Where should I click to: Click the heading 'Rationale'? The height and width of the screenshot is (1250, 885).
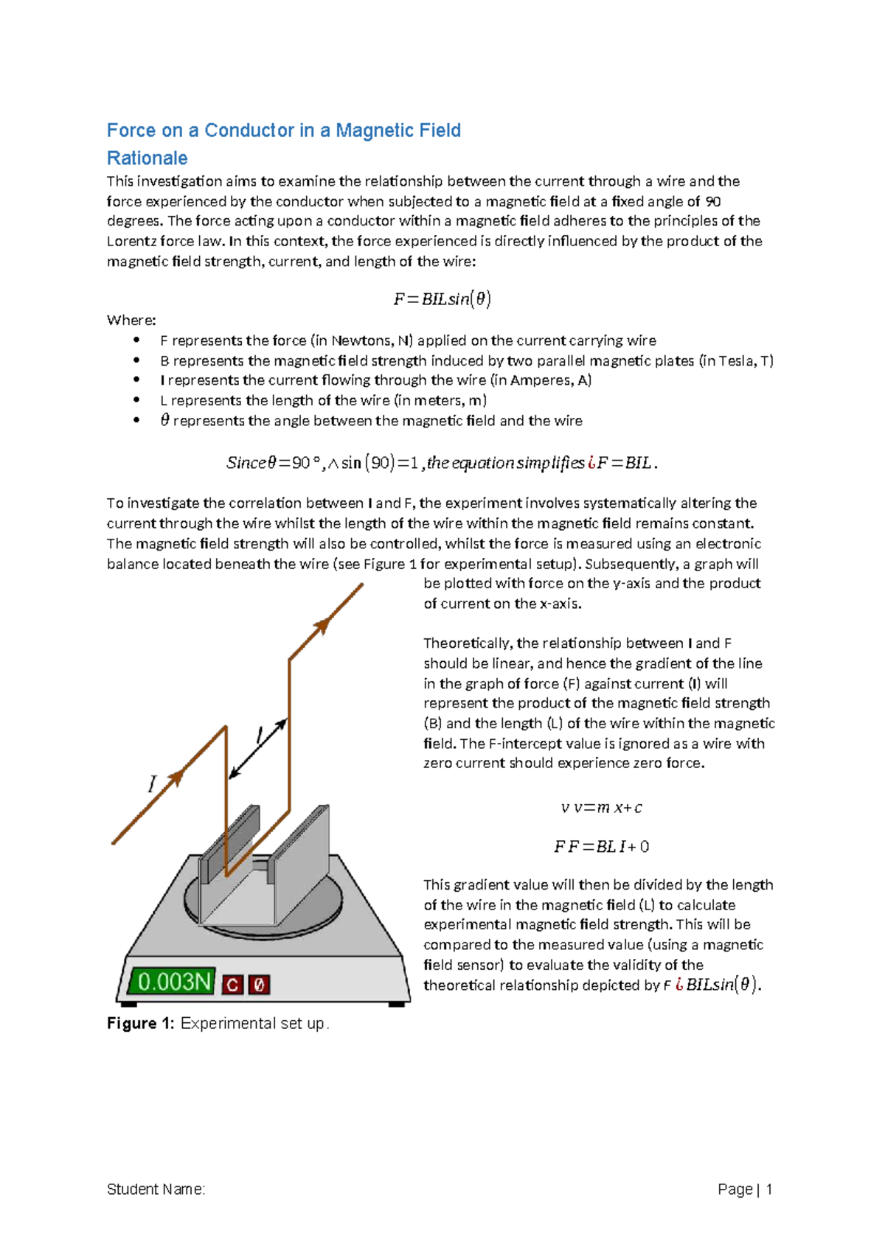click(147, 158)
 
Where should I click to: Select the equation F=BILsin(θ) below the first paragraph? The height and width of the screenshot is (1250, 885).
click(442, 298)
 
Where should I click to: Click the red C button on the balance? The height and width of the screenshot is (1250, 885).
click(232, 984)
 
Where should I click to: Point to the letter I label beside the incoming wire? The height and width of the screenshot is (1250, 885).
click(152, 783)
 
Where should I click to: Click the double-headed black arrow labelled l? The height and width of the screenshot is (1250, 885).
click(257, 749)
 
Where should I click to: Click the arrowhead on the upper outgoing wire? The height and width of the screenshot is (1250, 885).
click(322, 626)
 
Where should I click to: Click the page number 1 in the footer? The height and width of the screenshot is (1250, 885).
click(768, 1189)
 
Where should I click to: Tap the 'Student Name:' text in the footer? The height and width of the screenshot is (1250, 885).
click(156, 1189)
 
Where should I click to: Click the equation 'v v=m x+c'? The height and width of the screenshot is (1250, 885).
click(601, 808)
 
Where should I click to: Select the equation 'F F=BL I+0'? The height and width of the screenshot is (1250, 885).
click(601, 847)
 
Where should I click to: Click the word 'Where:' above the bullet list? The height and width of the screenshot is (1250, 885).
click(131, 320)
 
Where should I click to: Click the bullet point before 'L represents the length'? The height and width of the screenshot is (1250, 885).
click(136, 400)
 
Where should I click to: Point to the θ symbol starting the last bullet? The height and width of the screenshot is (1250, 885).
click(164, 420)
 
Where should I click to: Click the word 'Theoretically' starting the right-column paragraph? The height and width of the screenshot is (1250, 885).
click(468, 643)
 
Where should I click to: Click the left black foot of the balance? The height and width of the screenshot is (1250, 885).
click(128, 1003)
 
